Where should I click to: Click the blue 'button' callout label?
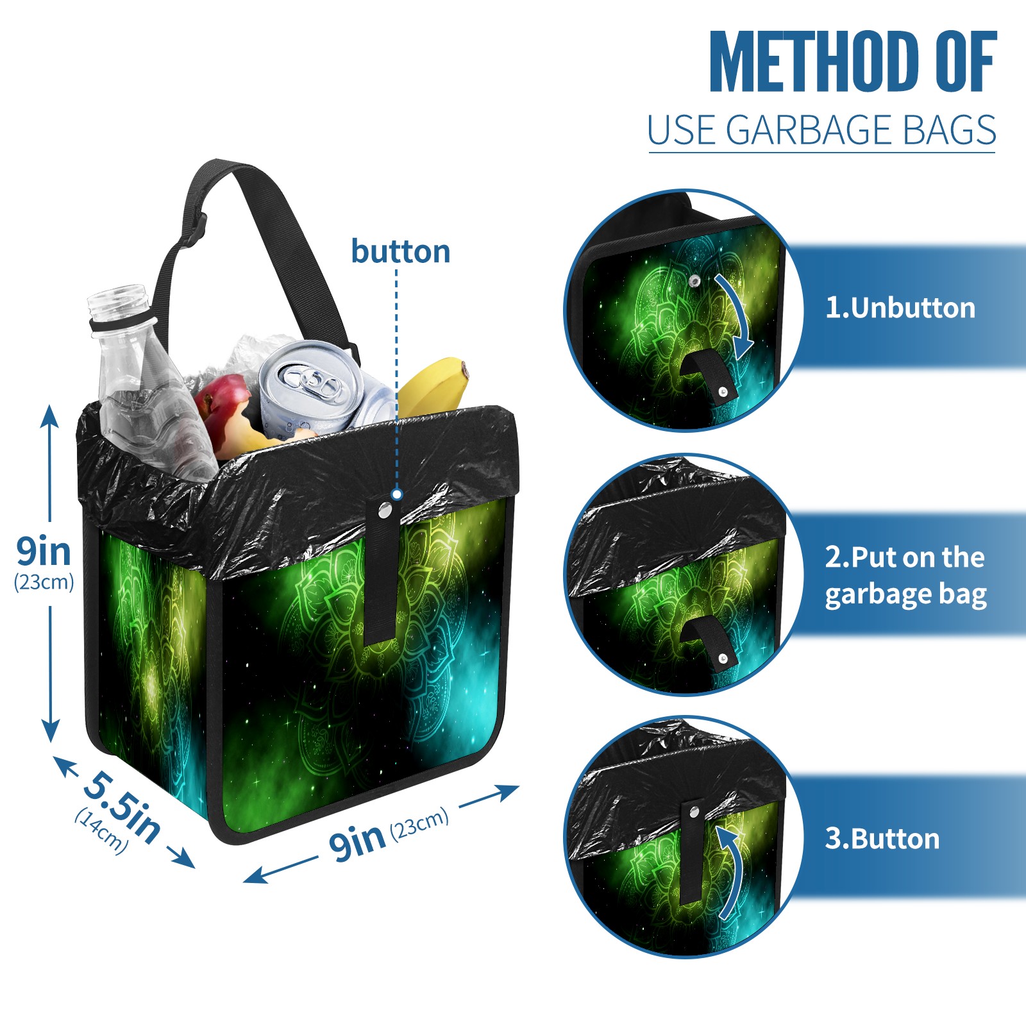(400, 251)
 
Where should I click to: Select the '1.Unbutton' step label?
(900, 308)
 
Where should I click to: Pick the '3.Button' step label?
(882, 839)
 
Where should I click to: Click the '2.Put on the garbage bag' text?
(905, 576)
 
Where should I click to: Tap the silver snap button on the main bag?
(385, 510)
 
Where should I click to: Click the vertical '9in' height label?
(44, 551)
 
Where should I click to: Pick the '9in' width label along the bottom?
(357, 841)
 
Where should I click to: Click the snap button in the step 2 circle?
(723, 659)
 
